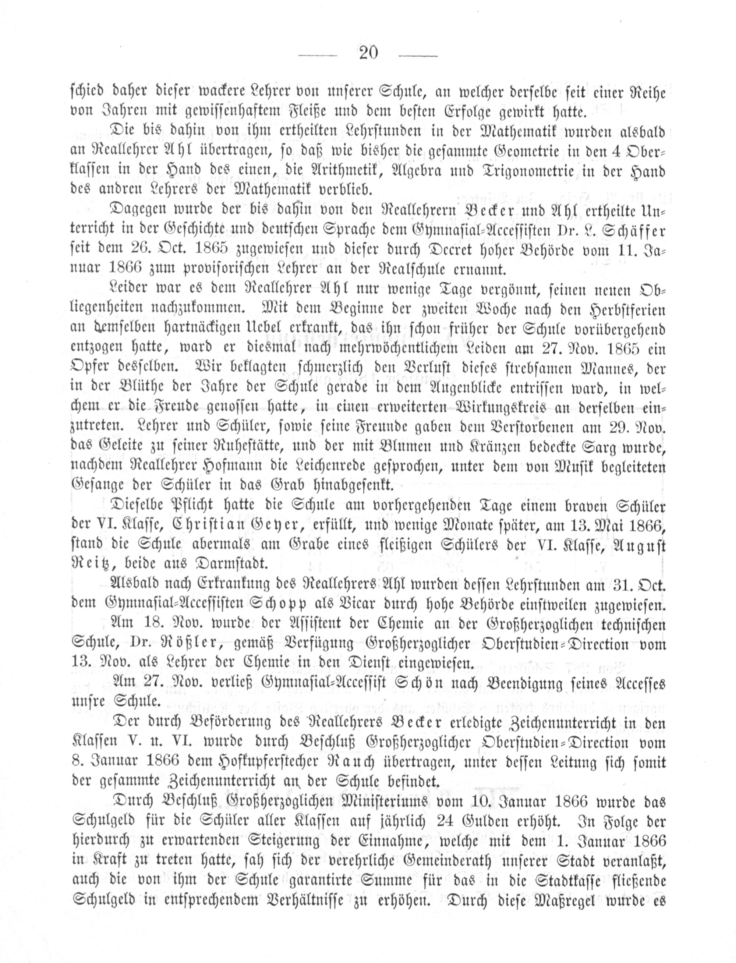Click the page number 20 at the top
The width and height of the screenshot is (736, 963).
368,53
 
